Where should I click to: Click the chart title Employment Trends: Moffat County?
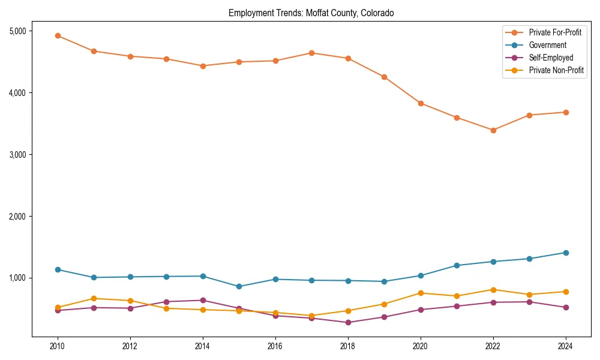[x=311, y=13]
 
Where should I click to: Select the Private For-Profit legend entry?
[x=555, y=32]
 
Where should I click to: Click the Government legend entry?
[x=547, y=45]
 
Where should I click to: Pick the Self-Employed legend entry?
[x=551, y=58]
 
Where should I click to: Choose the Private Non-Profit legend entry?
[x=556, y=70]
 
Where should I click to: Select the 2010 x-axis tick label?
[x=58, y=346]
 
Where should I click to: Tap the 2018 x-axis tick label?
[x=347, y=346]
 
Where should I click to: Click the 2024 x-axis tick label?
[x=565, y=346]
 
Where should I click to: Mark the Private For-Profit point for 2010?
[x=58, y=35]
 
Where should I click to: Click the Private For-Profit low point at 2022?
[x=493, y=130]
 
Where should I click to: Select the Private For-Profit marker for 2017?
[x=311, y=53]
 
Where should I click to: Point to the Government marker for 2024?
[x=565, y=253]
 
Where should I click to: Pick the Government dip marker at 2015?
[x=239, y=286]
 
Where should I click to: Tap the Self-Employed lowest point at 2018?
[x=347, y=322]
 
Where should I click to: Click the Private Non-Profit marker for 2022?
[x=493, y=290]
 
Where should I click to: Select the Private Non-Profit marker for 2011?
[x=94, y=298]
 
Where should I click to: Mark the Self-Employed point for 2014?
[x=203, y=300]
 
